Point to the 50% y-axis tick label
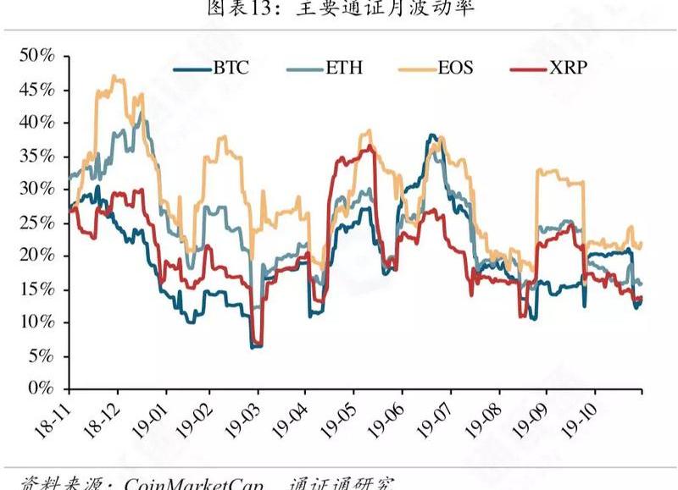37,56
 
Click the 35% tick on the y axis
37,156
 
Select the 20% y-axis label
37,256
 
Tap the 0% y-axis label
42,388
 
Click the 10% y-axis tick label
37,322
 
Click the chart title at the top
339,9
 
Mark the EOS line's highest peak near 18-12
114,77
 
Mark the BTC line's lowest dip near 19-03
254,346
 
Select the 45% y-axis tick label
37,90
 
